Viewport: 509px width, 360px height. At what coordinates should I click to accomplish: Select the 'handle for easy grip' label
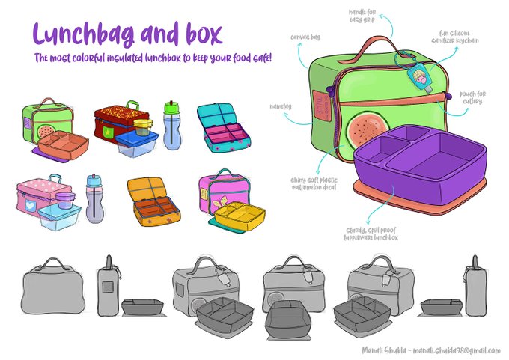tap(388, 15)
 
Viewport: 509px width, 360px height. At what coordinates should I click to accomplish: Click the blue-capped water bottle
tap(94, 200)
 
